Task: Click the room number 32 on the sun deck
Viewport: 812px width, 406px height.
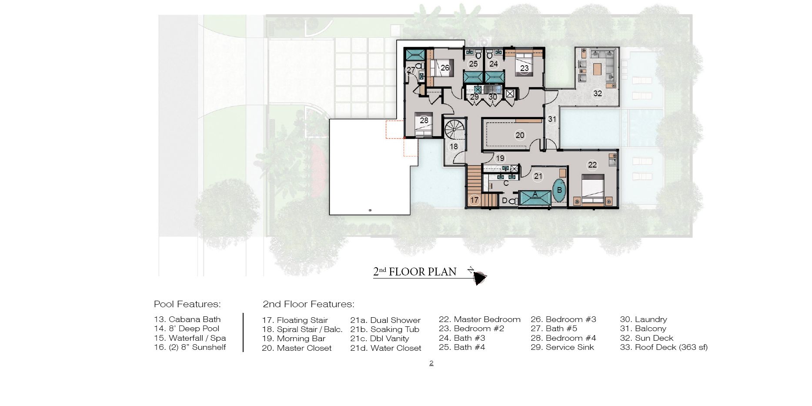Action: point(598,94)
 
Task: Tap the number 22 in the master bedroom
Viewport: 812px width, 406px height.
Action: point(592,165)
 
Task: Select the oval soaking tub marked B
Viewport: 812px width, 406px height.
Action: point(559,190)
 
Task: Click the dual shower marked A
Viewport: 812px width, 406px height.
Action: point(535,198)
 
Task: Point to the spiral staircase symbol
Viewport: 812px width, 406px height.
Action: point(454,130)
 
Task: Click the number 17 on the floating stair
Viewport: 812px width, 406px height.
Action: point(474,200)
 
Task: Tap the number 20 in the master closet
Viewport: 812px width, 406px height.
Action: point(520,135)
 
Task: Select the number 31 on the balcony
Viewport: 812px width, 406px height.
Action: point(552,119)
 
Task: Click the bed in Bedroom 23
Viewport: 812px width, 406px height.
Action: point(524,64)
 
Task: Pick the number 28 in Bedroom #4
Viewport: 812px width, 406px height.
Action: point(424,121)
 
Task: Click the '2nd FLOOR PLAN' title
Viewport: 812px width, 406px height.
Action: point(415,272)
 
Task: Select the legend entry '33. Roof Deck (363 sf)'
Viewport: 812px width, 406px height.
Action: point(664,347)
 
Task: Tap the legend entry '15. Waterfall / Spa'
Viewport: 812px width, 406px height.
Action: point(190,338)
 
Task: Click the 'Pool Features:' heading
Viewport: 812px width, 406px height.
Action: point(187,304)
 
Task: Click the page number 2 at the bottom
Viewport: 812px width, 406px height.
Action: point(431,363)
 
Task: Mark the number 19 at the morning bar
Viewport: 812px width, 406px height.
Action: point(500,158)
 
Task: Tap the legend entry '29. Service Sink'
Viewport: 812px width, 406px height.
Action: point(562,347)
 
